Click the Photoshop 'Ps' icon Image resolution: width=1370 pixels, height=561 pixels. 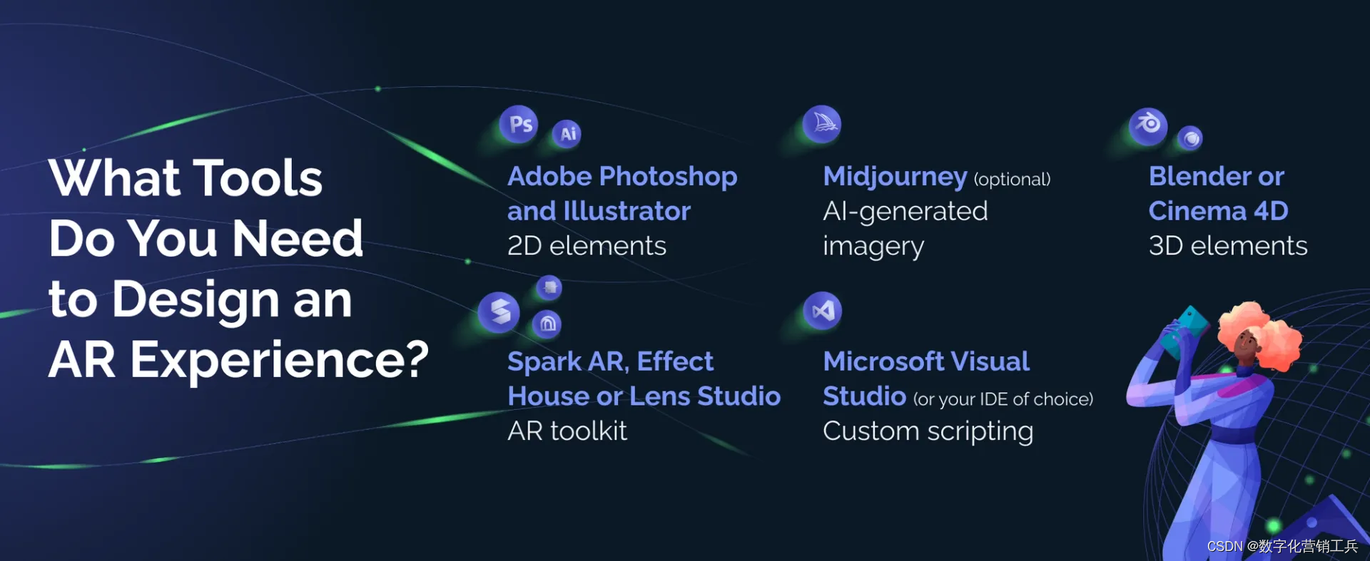tap(519, 125)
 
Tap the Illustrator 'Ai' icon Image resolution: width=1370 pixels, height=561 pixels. tap(567, 134)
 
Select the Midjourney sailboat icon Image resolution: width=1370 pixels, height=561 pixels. tap(823, 124)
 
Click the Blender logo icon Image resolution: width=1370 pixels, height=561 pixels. tap(1148, 125)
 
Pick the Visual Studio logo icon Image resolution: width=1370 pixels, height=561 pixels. tap(823, 311)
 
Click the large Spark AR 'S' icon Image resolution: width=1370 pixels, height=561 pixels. tap(499, 312)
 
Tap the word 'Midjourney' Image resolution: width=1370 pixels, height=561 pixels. tap(895, 177)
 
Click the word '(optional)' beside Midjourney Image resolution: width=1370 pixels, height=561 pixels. tap(1012, 179)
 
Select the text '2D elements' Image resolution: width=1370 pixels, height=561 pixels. tap(587, 246)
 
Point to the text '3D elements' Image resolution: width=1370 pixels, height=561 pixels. tap(1227, 246)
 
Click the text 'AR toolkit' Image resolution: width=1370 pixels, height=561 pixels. tap(567, 431)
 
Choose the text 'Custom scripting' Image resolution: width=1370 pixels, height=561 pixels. tap(928, 431)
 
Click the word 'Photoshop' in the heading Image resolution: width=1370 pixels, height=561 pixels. tap(668, 177)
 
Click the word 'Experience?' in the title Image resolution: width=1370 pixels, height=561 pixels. tap(279, 360)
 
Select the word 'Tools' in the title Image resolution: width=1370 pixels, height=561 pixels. tap(258, 178)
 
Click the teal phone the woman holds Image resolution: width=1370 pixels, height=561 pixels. tap(1185, 329)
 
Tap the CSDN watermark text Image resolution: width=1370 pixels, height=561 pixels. tap(1282, 546)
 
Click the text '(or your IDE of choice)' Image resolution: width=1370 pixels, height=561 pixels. tap(1003, 399)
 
